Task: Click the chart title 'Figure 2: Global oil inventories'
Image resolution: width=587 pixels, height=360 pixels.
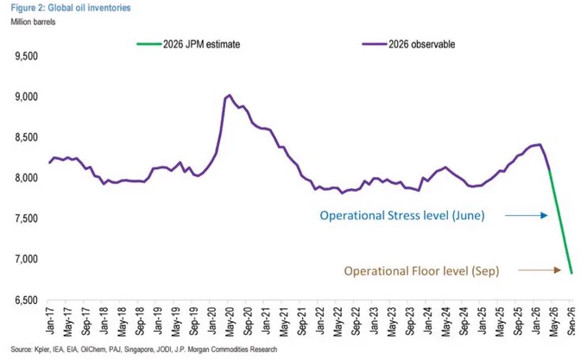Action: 71,8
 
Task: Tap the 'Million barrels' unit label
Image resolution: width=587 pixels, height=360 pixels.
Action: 33,22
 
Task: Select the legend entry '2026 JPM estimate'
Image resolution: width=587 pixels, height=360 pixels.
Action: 188,44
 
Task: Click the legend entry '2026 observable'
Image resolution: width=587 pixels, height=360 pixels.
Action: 408,44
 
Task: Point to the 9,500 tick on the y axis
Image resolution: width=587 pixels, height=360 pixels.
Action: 26,56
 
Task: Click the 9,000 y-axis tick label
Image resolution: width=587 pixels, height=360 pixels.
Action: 26,97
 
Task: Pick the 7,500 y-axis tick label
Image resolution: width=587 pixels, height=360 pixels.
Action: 26,218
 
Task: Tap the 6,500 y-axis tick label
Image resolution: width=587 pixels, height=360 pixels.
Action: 26,300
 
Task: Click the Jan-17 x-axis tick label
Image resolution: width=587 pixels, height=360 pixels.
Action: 50,320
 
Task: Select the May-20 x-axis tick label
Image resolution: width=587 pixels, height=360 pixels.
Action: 230,321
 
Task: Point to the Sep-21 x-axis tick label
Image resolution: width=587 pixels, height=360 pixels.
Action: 302,321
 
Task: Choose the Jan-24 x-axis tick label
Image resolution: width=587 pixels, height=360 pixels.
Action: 428,320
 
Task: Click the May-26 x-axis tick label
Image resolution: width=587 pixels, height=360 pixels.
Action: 553,321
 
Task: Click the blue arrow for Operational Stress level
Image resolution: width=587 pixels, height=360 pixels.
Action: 527,215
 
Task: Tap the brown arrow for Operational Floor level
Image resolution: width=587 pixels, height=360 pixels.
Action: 540,270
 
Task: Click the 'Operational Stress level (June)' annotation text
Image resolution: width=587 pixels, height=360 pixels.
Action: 402,216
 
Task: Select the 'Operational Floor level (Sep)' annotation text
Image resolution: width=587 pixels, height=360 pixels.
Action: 421,271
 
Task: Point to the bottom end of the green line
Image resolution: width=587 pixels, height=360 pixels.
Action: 571,273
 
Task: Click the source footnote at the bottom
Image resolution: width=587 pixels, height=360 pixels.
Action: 144,350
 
